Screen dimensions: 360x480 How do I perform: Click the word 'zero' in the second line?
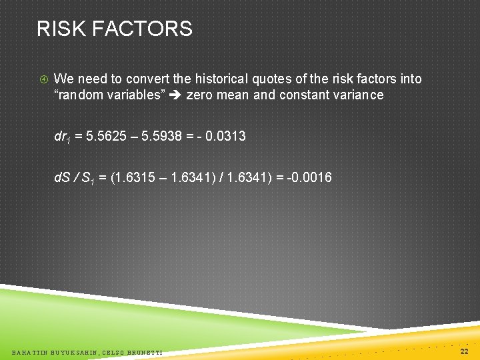tap(199, 95)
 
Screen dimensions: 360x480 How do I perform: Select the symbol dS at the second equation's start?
tap(61, 178)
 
